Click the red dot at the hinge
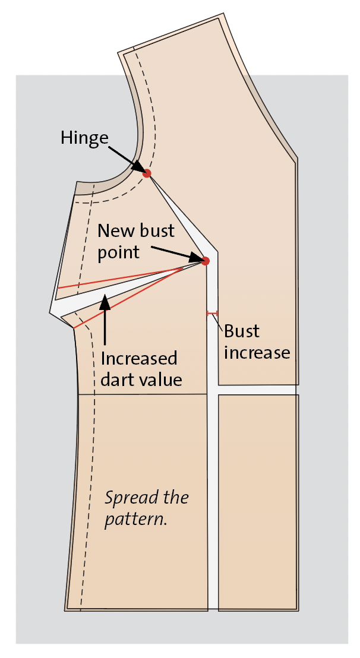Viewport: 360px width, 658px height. point(146,173)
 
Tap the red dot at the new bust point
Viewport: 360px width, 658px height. point(205,261)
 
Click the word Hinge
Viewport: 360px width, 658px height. point(85,138)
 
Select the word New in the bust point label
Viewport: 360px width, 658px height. point(113,230)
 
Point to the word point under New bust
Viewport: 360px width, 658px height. point(118,253)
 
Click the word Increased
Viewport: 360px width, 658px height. point(139,359)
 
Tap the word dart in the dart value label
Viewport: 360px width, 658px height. point(117,379)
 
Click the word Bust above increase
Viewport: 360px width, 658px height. point(242,331)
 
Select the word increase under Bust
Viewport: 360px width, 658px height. point(257,353)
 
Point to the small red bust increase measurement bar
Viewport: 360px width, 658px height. point(212,313)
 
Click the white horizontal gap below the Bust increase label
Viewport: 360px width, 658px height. point(257,390)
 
